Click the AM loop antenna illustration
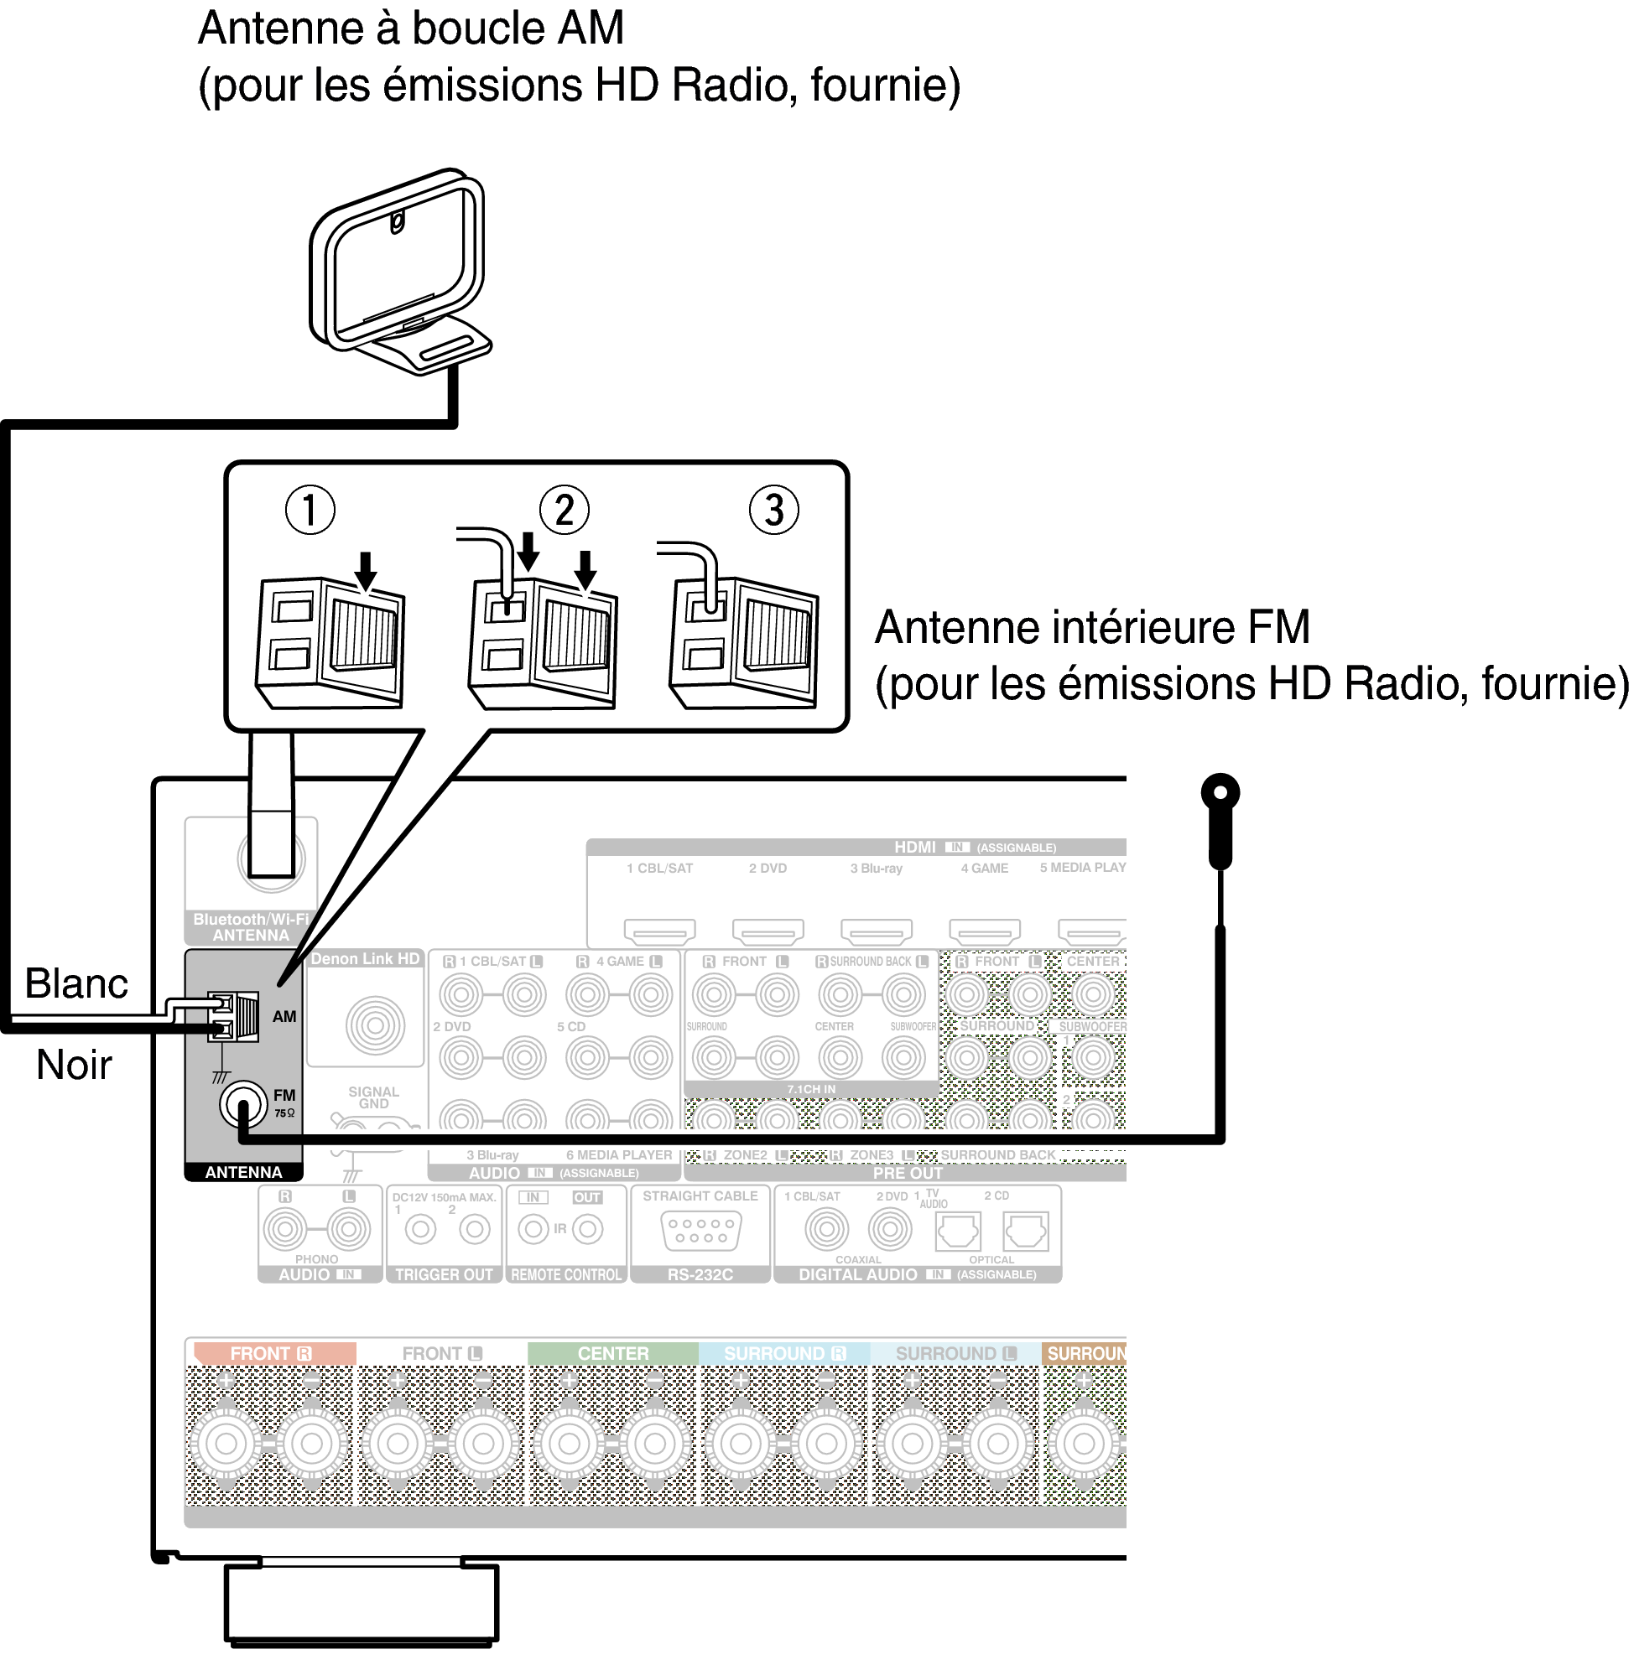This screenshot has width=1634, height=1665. [x=399, y=271]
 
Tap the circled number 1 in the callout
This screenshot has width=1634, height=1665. [x=310, y=510]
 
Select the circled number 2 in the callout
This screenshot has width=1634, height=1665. [x=564, y=510]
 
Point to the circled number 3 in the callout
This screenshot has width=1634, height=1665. [x=774, y=510]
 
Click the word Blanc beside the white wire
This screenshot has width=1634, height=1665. [x=76, y=983]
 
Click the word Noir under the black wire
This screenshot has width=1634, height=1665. [x=75, y=1065]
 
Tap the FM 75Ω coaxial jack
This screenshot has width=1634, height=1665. [x=243, y=1104]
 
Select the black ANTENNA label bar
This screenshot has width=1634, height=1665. [x=244, y=1172]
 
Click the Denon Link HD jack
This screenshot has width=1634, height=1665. [x=375, y=1024]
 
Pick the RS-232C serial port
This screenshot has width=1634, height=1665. [x=700, y=1230]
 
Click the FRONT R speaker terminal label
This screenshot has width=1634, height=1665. [x=271, y=1353]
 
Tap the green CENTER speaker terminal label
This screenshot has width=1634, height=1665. [x=612, y=1353]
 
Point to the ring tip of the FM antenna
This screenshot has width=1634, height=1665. [x=1220, y=791]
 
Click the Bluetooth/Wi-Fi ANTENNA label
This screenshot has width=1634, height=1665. [x=251, y=926]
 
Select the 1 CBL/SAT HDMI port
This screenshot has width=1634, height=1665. [x=659, y=930]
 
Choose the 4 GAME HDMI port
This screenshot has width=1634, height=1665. [x=985, y=930]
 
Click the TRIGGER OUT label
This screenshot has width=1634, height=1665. [x=444, y=1274]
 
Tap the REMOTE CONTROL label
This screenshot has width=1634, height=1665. [x=566, y=1274]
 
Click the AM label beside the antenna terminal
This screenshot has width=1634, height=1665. [x=284, y=1016]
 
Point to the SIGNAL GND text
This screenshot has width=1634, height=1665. [x=373, y=1097]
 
